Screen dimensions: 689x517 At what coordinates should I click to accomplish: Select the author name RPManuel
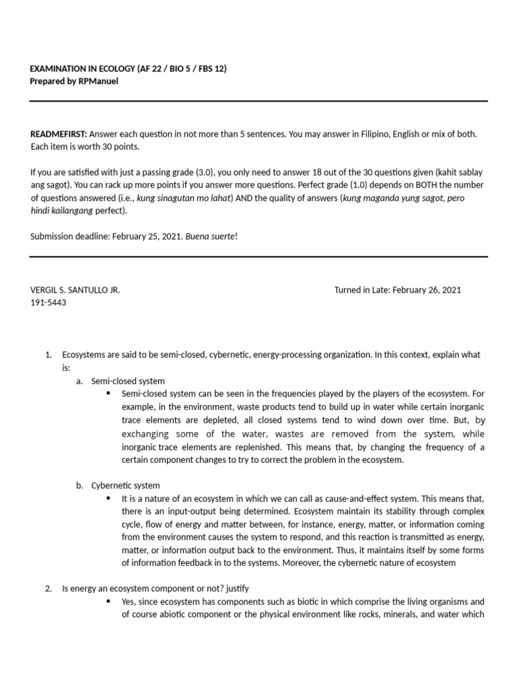tap(99, 81)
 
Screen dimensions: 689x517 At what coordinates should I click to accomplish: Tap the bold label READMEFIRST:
tap(59, 134)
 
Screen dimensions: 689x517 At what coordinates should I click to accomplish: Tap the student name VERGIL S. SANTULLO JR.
tap(75, 290)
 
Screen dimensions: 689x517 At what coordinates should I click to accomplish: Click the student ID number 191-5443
tap(48, 302)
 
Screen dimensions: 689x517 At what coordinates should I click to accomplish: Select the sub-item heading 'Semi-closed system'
tap(128, 381)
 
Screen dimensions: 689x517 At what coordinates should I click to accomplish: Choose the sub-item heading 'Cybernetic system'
tap(125, 485)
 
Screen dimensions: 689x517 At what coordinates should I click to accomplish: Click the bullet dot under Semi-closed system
tap(110, 393)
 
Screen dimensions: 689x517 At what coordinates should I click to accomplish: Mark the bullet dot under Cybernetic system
tap(110, 498)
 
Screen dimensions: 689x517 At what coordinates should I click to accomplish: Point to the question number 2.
tap(48, 588)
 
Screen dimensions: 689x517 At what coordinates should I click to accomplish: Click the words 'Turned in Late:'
tap(361, 290)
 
